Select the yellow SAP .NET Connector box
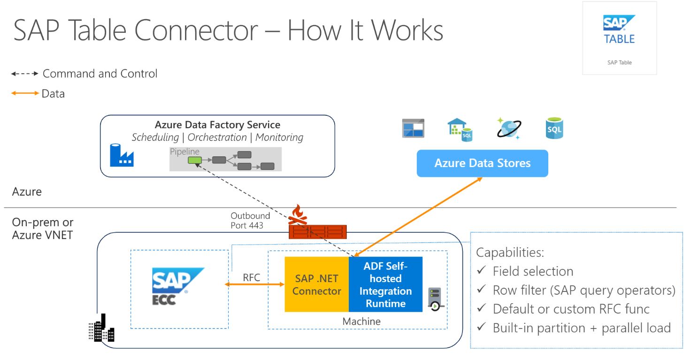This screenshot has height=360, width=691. pyautogui.click(x=316, y=284)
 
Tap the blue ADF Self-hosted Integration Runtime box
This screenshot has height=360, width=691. pyautogui.click(x=385, y=284)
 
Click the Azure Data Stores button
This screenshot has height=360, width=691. pyautogui.click(x=482, y=163)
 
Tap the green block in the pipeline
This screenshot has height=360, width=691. pyautogui.click(x=194, y=160)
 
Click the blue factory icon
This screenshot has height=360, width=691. pyautogui.click(x=122, y=155)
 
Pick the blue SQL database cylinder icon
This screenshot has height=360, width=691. pyautogui.click(x=554, y=129)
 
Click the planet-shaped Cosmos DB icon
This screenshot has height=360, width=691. pyautogui.click(x=508, y=129)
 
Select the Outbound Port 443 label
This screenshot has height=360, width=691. pyautogui.click(x=250, y=220)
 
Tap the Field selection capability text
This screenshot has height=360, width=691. pyautogui.click(x=533, y=271)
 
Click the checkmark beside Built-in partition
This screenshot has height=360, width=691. pyautogui.click(x=481, y=328)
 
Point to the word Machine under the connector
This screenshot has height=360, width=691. pyautogui.click(x=361, y=322)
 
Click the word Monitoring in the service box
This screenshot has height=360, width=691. pyautogui.click(x=279, y=138)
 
